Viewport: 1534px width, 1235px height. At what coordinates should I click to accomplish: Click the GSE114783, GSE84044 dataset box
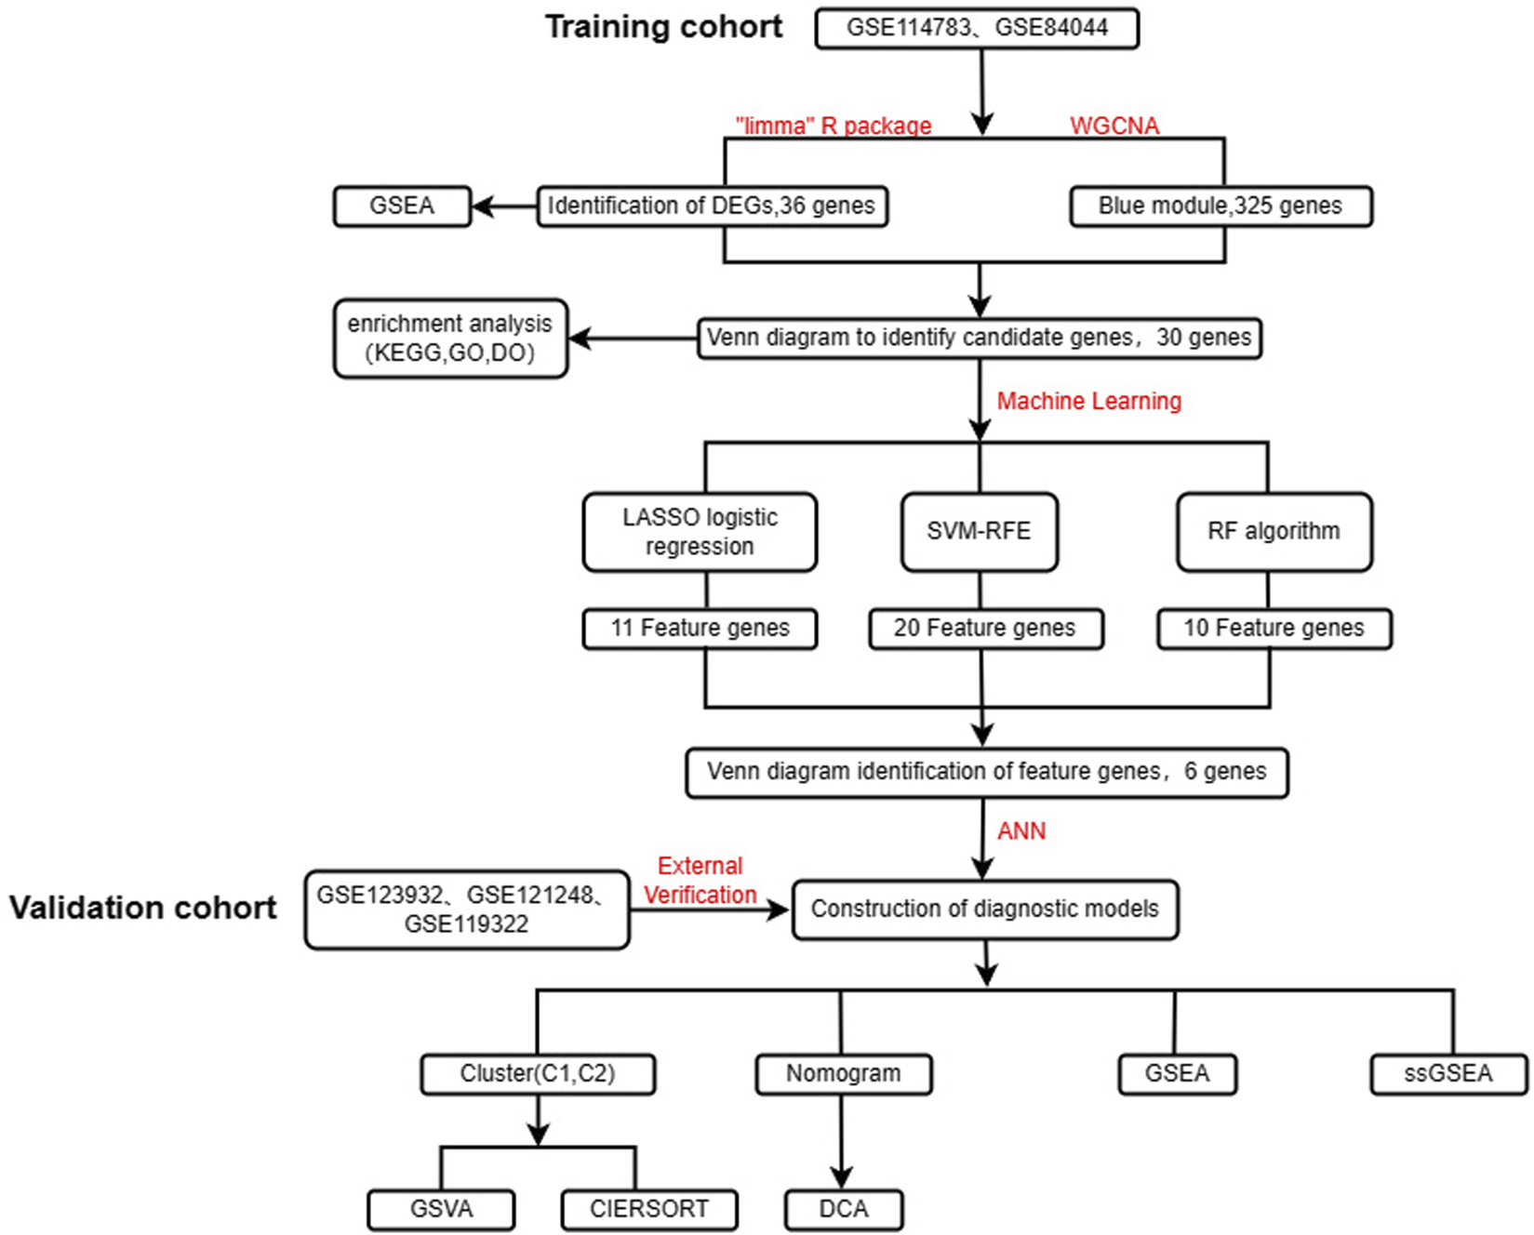coord(976,28)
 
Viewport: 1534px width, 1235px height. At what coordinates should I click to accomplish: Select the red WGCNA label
coord(1114,126)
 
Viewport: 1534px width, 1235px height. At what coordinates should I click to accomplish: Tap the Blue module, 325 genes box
coord(1220,206)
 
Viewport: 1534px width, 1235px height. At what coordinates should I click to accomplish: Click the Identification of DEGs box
coord(712,206)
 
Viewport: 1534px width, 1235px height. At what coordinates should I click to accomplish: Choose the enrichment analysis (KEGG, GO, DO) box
coord(450,339)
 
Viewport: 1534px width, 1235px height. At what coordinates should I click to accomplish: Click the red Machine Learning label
coord(1088,401)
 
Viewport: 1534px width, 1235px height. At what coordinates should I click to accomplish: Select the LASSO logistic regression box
coord(700,532)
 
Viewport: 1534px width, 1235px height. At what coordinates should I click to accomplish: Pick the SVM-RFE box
coord(979,532)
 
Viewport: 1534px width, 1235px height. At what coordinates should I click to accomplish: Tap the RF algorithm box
coord(1273,532)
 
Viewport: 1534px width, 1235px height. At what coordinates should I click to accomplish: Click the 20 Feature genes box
coord(985,629)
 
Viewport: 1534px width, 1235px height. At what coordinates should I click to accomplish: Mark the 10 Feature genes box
coord(1274,629)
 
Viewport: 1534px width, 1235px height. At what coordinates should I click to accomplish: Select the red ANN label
coord(1021,831)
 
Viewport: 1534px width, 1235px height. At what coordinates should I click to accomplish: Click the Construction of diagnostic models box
coord(984,910)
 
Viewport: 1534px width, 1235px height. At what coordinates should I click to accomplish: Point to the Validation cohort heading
coord(143,908)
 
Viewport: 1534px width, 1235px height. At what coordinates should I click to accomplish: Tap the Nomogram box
coord(843,1074)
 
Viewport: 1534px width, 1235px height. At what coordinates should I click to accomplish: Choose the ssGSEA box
coord(1447,1074)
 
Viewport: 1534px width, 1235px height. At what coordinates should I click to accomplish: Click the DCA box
coord(843,1210)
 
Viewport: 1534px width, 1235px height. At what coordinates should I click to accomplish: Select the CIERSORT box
coord(649,1210)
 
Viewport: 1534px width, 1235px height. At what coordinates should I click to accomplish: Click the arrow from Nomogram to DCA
coord(841,1139)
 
